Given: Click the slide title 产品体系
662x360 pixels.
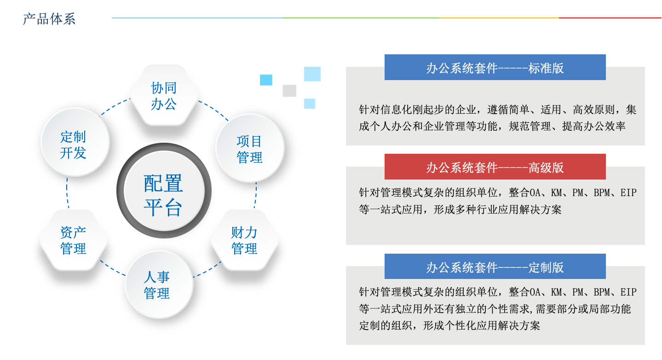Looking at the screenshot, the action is tap(49, 19).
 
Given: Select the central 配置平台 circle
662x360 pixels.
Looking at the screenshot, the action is tap(164, 191).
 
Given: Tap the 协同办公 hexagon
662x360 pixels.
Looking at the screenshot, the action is tap(164, 95).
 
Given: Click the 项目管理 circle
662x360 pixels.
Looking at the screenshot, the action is tap(250, 148).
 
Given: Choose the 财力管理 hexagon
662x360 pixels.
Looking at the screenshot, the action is tap(244, 240).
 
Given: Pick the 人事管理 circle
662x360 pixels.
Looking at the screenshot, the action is tap(159, 285).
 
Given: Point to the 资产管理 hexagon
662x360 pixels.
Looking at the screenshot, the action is tap(74, 240).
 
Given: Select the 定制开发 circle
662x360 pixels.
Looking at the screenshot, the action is tap(75, 142).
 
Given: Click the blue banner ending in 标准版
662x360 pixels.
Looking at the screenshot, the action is tap(495, 67).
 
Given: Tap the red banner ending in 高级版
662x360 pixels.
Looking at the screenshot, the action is tap(495, 167).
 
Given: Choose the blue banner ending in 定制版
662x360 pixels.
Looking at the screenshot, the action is tap(495, 266).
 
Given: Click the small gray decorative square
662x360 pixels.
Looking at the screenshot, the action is tap(289, 91).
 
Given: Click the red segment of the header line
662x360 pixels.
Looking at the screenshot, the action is tap(610, 18).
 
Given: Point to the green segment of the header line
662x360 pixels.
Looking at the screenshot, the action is tap(361, 18).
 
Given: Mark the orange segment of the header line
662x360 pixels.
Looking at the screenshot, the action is tap(499, 18).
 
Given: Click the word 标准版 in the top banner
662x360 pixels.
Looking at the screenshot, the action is tap(546, 68).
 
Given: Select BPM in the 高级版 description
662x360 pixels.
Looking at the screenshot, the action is tap(602, 193).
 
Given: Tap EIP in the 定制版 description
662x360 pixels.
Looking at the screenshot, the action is tap(628, 292).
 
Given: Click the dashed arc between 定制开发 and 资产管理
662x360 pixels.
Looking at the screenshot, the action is tap(67, 193).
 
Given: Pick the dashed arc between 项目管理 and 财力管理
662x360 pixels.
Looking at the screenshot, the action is tap(256, 195).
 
